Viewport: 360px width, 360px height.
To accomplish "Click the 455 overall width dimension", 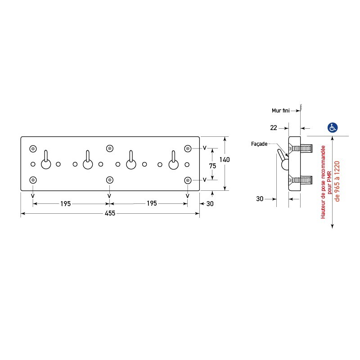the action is pyautogui.click(x=110, y=213).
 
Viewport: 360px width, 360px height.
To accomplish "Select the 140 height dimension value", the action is pyautogui.click(x=224, y=160).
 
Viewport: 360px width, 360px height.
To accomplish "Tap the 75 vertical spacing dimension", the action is pyautogui.click(x=212, y=166).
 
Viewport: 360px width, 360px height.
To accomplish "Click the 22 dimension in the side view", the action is pyautogui.click(x=274, y=128).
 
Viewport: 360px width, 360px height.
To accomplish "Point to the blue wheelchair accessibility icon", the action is pyautogui.click(x=332, y=127).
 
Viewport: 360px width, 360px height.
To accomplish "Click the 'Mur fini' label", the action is pyautogui.click(x=280, y=111).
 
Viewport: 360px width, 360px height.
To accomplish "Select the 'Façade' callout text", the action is pyautogui.click(x=259, y=144).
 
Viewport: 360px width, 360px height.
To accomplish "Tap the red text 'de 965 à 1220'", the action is pyautogui.click(x=337, y=181).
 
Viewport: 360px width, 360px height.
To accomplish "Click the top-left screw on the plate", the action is pyautogui.click(x=33, y=149).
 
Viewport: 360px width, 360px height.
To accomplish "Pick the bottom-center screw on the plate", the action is pyautogui.click(x=110, y=180).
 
